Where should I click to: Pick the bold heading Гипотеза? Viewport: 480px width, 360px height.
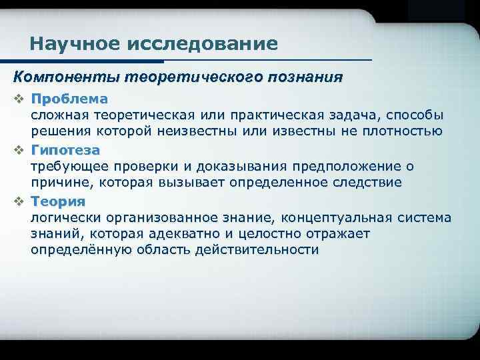pos(65,150)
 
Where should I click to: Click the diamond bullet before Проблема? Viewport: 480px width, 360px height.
pos(19,99)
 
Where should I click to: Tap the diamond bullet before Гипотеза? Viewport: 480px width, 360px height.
pos(19,151)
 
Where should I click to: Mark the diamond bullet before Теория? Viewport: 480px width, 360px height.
pos(19,202)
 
